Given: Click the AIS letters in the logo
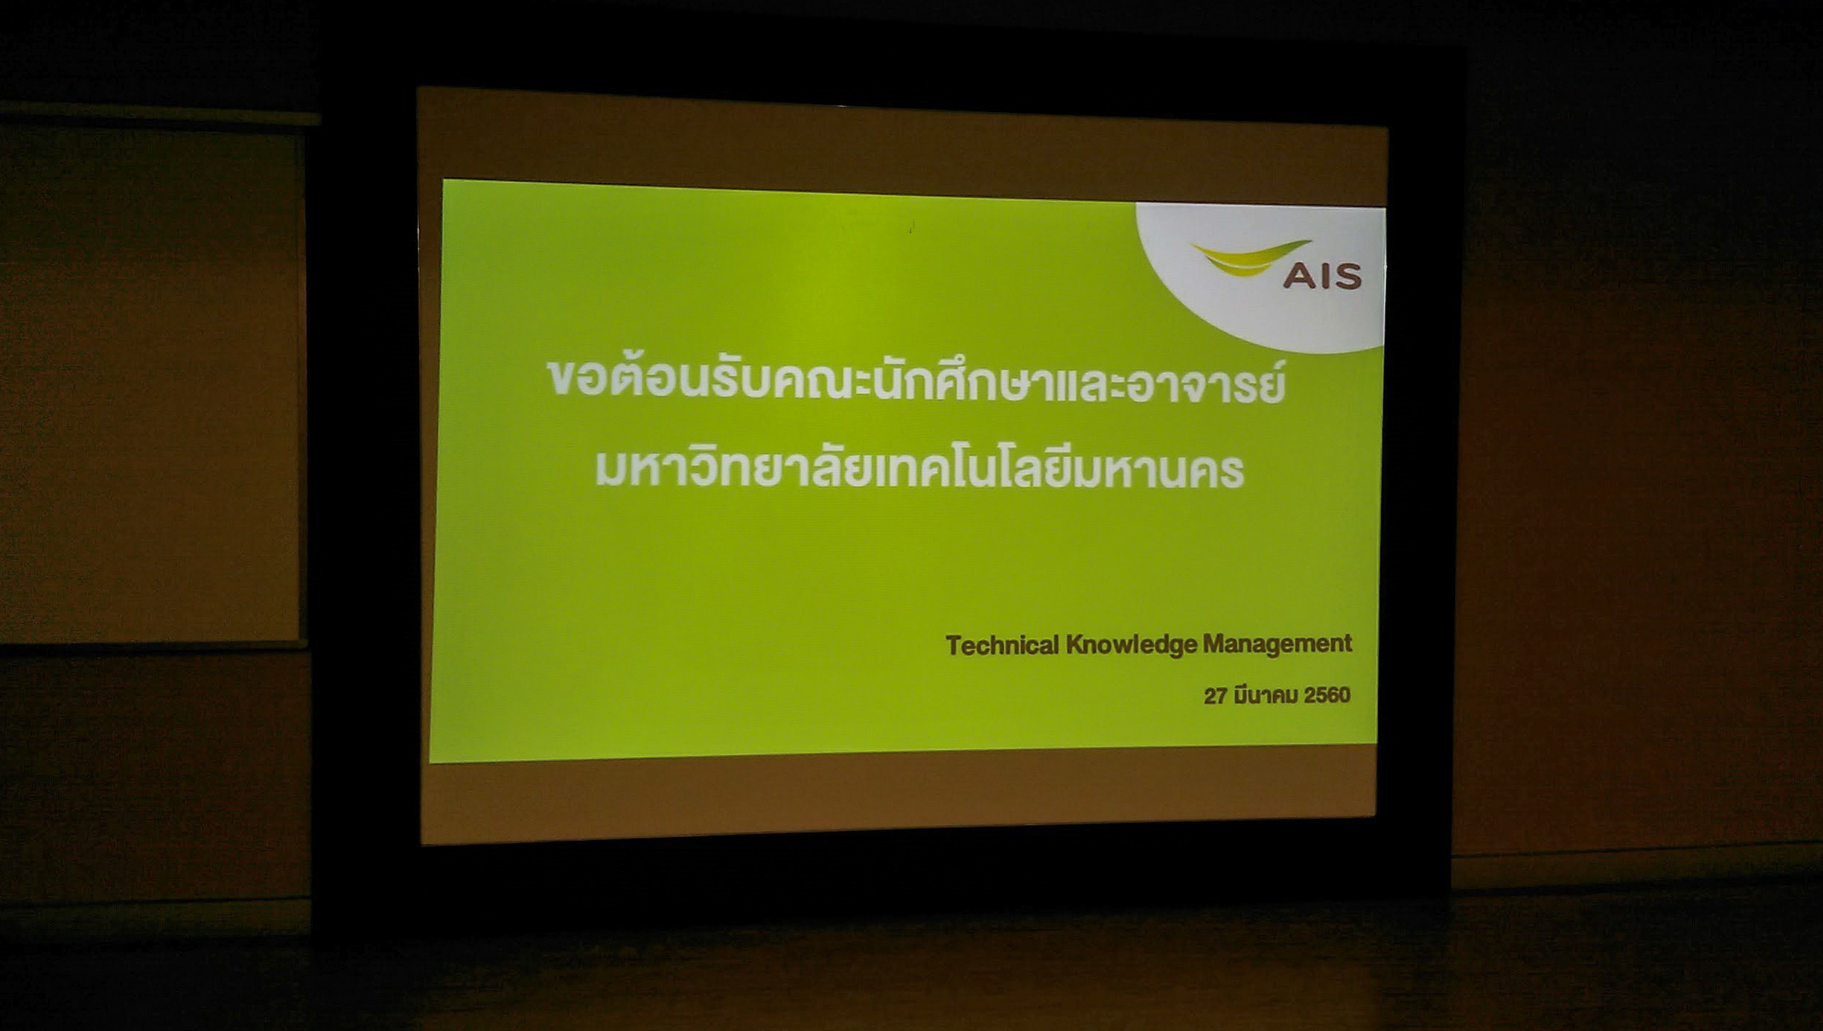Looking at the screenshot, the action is pyautogui.click(x=1322, y=276).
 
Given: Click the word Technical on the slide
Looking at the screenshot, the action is pyautogui.click(x=1002, y=645).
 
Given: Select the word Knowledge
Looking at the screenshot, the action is pyautogui.click(x=1132, y=645).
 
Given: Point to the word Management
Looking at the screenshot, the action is pyautogui.click(x=1277, y=644).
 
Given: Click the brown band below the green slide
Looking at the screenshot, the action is pyautogui.click(x=899, y=796).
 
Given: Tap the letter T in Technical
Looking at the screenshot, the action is pyautogui.click(x=953, y=646).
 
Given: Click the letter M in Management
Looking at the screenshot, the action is pyautogui.click(x=1214, y=643).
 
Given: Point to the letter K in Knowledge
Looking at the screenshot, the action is pyautogui.click(x=1075, y=645).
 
